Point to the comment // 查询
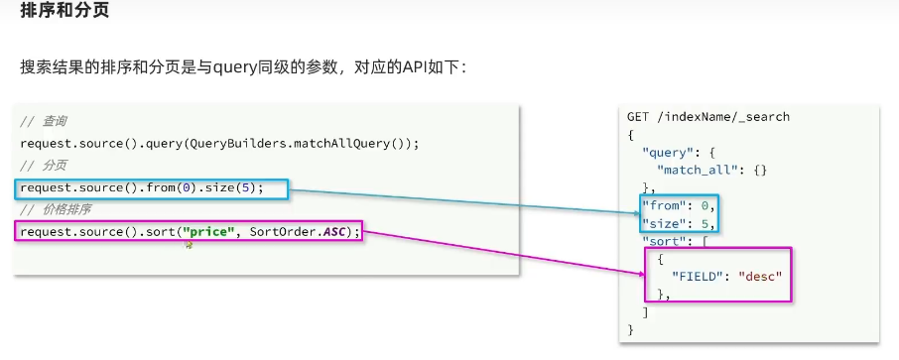coord(44,121)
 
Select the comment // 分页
coord(44,165)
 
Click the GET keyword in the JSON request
coord(638,117)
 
